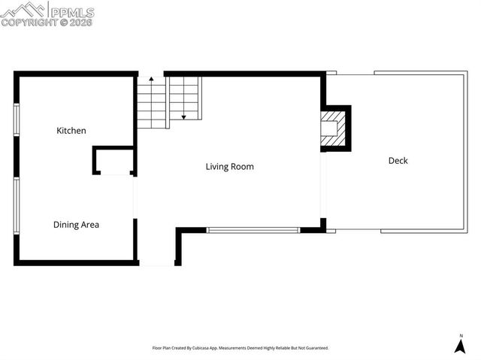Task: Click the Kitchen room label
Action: click(71, 131)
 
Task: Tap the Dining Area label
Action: click(76, 225)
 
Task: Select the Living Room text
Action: click(229, 167)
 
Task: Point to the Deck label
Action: click(398, 161)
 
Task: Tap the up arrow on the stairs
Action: click(151, 79)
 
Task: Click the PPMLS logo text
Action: click(71, 11)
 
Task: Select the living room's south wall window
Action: click(253, 230)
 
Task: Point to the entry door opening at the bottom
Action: click(156, 265)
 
